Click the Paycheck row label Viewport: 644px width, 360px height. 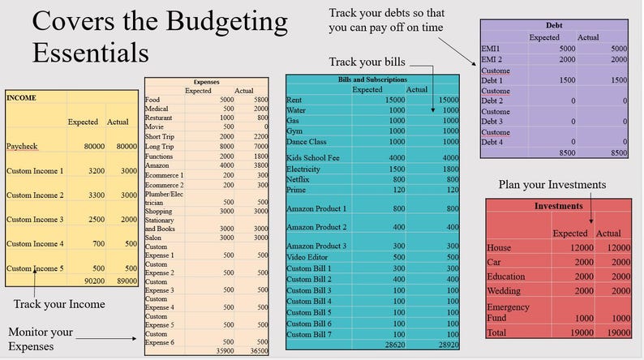25,147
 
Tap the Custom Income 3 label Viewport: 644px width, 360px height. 35,220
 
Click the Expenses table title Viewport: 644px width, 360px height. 208,82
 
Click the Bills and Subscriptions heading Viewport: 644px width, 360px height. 373,79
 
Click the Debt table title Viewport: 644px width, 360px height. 552,26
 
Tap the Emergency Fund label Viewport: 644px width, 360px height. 508,313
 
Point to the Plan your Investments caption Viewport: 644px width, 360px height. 552,185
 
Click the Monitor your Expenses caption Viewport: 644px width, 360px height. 41,339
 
